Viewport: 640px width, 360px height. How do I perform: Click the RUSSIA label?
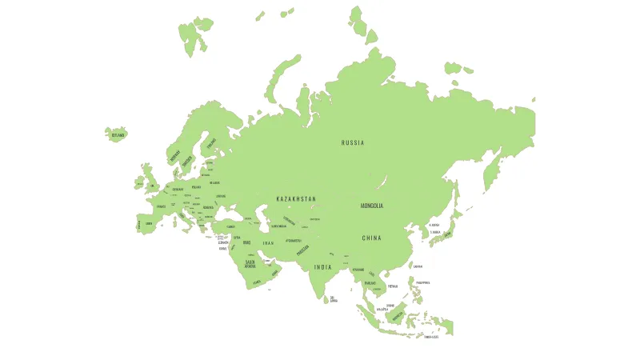353,143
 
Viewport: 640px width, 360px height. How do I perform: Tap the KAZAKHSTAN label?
296,198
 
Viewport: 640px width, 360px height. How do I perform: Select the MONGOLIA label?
372,206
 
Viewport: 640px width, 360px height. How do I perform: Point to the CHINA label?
371,238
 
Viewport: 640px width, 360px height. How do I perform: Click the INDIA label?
322,267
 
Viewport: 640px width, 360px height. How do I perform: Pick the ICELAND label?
118,135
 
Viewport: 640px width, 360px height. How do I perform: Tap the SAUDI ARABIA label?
250,263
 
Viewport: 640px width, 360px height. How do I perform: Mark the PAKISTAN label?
302,250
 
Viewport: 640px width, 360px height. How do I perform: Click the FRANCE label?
162,206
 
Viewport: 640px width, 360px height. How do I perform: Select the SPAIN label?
148,224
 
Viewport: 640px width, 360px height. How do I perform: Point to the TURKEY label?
231,226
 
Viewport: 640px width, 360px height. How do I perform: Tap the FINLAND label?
211,144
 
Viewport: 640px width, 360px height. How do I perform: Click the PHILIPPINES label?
422,282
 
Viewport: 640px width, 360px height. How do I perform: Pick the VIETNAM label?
393,286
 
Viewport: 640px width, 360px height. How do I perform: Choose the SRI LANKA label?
334,299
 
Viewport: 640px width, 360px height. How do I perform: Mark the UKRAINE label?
221,196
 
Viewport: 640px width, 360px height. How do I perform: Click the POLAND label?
196,187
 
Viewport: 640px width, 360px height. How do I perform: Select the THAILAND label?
370,282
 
